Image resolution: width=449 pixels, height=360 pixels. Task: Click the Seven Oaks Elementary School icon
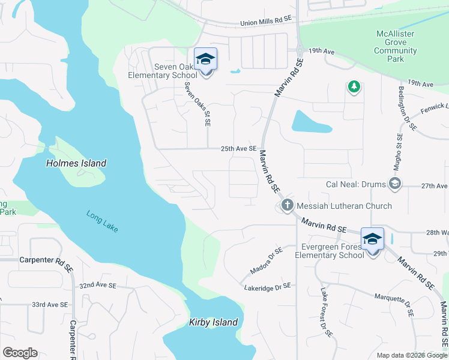[205, 59]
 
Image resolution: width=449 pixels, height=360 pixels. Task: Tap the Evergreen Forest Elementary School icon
[372, 239]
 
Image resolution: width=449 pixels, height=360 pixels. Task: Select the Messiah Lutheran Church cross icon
[287, 206]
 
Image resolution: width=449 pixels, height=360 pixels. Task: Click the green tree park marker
[354, 87]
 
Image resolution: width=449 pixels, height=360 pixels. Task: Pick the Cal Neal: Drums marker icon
[394, 183]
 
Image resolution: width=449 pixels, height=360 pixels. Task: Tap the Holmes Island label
[76, 163]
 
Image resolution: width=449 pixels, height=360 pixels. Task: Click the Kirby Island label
[214, 322]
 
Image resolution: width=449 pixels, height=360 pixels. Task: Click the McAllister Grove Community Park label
[396, 47]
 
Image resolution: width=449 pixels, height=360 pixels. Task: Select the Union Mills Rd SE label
[265, 20]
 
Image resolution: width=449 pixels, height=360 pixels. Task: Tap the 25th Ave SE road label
[238, 149]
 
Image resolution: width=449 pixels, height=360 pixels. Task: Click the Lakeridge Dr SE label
[267, 287]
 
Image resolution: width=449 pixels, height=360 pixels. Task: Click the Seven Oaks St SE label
[197, 103]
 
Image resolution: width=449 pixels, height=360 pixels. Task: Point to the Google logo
[20, 353]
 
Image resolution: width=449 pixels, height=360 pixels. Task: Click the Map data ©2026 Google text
[411, 355]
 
